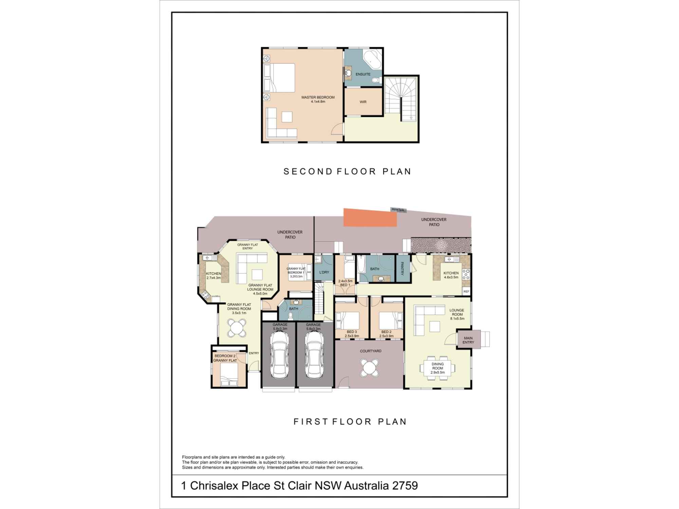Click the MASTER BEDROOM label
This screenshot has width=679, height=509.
(x=318, y=97)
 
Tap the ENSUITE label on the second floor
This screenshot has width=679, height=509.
(x=363, y=74)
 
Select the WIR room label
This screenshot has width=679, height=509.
(x=363, y=102)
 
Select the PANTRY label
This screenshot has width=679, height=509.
(x=402, y=268)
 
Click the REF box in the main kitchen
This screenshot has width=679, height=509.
(x=466, y=291)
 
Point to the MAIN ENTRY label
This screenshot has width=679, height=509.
(x=468, y=340)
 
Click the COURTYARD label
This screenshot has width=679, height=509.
(x=371, y=351)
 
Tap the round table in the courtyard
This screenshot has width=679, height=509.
(x=369, y=367)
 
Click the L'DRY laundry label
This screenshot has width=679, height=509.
(x=324, y=272)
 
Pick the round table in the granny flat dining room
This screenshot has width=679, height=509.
(x=237, y=328)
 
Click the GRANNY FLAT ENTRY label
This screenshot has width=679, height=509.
(x=247, y=246)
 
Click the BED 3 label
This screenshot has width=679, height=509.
(x=352, y=332)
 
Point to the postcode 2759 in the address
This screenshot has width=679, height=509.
(x=405, y=486)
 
